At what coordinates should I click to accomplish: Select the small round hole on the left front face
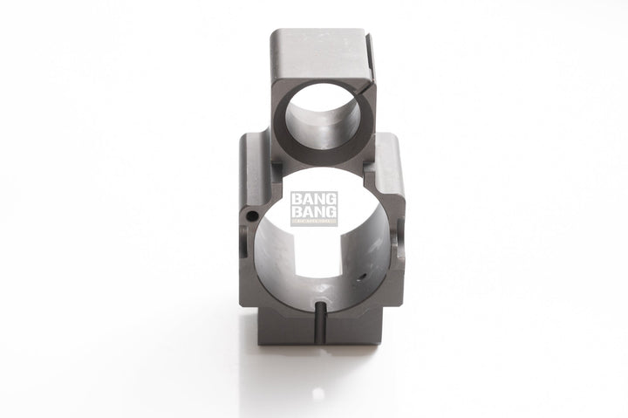(x=252, y=215)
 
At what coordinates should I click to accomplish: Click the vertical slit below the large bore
(x=321, y=321)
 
